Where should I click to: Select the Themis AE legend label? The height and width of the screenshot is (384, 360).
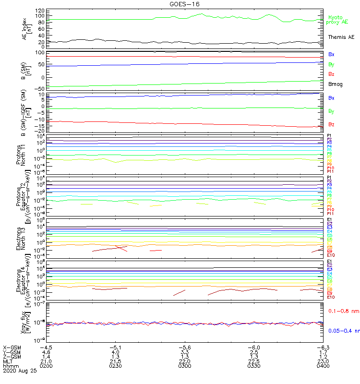click(341, 37)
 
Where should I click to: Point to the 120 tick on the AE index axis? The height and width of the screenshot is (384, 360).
click(40, 11)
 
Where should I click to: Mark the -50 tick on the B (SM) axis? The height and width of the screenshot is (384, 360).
click(40, 88)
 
